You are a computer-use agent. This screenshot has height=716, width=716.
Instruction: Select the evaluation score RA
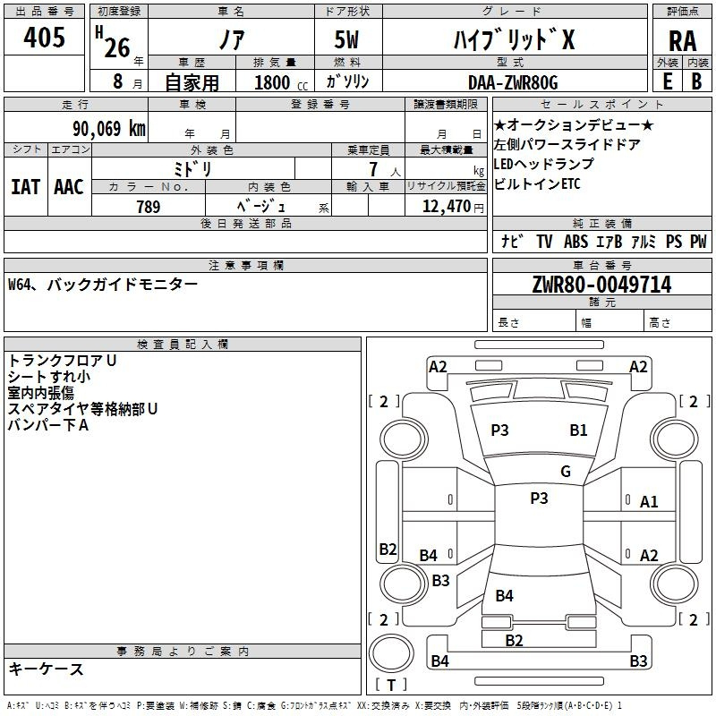point(681,41)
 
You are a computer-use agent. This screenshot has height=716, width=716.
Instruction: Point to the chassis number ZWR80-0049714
point(601,285)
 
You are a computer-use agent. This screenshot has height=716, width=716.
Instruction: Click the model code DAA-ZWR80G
point(513,82)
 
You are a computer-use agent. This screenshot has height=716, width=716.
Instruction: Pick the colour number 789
point(148,208)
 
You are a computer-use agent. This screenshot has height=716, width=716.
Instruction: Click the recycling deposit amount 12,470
point(445,208)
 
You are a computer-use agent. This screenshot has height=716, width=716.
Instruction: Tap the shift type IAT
point(26,186)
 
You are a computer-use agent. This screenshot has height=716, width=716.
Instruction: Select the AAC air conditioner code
point(68,186)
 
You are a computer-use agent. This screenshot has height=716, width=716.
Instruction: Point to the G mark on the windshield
point(566,472)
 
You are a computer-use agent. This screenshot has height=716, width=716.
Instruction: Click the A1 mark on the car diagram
point(649,502)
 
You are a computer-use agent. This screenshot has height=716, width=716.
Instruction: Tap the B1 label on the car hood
point(578,430)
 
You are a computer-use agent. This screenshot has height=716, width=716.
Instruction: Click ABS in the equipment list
point(575,242)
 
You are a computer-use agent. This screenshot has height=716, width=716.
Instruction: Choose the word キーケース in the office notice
point(47,669)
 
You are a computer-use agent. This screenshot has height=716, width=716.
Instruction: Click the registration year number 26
point(117,47)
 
